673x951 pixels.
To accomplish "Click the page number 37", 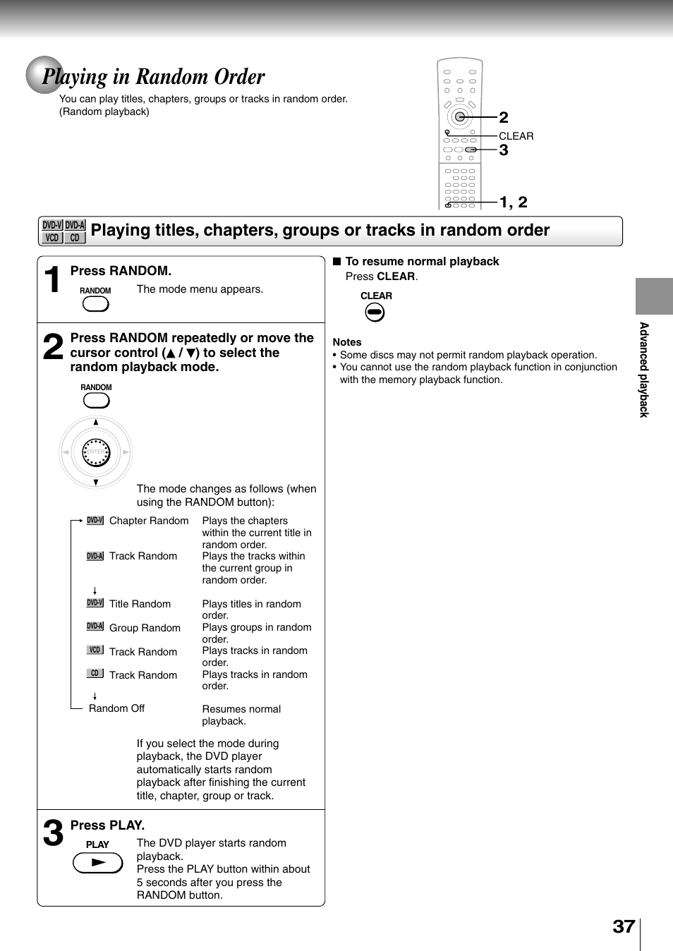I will pos(624,926).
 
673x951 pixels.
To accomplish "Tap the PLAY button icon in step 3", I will pos(98,862).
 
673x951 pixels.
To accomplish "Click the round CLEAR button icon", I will pos(375,312).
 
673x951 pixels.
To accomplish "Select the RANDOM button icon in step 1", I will pos(95,304).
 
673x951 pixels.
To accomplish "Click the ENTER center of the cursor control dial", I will pos(96,452).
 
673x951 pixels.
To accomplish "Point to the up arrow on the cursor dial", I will pos(96,423).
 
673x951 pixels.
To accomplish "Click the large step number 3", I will pos(53,833).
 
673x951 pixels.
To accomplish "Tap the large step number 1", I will pos(52,279).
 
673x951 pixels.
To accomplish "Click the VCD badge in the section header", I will pos(52,238).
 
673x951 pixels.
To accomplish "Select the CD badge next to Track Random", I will pos(95,674).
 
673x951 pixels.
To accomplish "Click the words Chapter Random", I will pos(149,521).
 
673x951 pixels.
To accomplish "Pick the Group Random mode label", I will pos(145,628).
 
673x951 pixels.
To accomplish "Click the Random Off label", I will pos(116,708).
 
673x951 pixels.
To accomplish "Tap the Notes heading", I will pos(347,342).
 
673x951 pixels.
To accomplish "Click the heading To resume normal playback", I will pos(422,262).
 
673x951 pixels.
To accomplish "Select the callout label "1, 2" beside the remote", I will pos(514,202).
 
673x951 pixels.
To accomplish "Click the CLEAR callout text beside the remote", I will pos(516,136).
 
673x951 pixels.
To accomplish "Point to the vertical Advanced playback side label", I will pos(643,370).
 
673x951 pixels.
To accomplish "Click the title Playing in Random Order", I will pos(154,76).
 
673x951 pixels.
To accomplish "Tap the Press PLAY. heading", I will pos(107,825).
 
